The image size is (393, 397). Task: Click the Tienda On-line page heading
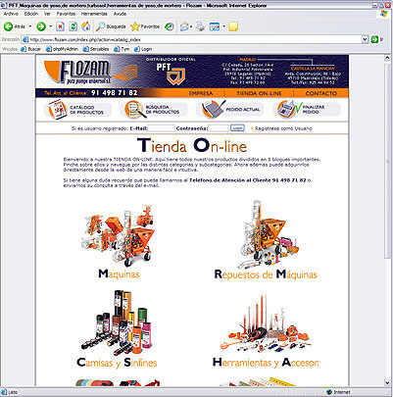pyautogui.click(x=196, y=146)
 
